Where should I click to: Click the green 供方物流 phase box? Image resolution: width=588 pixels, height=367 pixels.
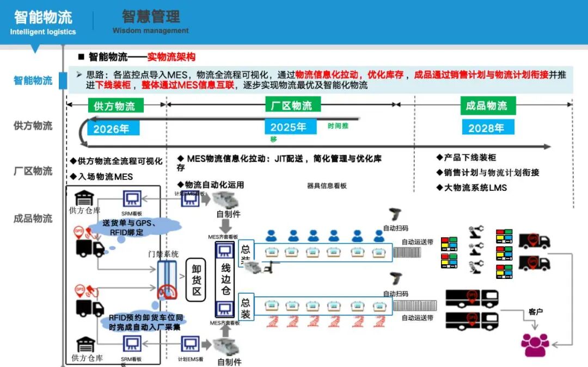(115, 105)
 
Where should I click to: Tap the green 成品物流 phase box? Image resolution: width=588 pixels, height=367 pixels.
(486, 105)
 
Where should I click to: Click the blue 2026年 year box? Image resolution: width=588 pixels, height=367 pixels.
(111, 129)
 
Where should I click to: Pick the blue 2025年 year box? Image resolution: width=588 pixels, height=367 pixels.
(289, 127)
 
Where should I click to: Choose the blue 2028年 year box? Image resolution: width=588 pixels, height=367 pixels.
(486, 128)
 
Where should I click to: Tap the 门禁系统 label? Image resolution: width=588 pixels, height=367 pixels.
(163, 254)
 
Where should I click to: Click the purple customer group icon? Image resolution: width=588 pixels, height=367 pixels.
(535, 344)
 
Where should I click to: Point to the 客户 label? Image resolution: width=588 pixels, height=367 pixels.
(536, 312)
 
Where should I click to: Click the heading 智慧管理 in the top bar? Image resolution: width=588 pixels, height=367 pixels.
(151, 16)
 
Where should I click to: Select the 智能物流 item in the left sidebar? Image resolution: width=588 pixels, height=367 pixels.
(33, 80)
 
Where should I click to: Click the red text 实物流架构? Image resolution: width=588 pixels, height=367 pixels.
(171, 57)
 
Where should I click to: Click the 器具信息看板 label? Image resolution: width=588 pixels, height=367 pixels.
(327, 186)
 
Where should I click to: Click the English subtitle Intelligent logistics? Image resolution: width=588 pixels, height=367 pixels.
(43, 32)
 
